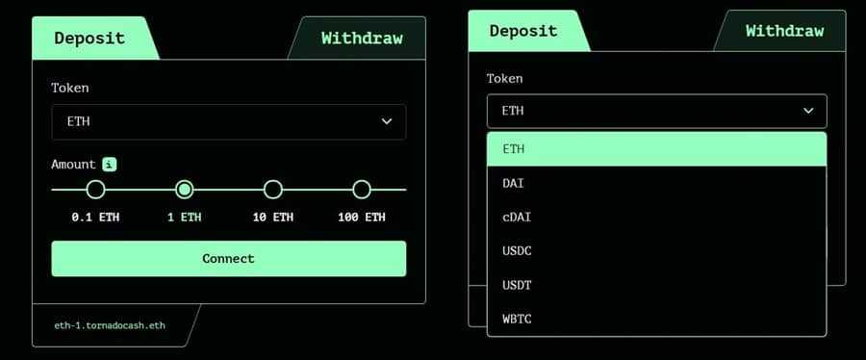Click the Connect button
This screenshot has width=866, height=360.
point(228,258)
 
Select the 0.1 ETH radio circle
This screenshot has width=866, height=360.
point(95,190)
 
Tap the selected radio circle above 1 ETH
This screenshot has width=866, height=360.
point(185,190)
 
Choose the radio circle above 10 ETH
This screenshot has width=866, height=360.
point(273,190)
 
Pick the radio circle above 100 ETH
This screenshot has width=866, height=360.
point(362,190)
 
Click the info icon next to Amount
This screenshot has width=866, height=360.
point(110,165)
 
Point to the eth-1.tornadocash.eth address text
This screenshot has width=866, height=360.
point(110,325)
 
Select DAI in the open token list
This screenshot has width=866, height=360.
point(513,183)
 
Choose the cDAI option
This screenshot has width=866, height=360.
point(517,217)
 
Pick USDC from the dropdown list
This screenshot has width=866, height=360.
point(517,250)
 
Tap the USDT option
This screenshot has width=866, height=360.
point(517,284)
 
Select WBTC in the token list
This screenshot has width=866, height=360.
point(517,318)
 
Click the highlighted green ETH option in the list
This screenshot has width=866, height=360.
point(656,149)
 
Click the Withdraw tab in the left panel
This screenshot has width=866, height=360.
point(361,39)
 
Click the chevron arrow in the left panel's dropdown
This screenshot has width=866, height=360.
point(387,121)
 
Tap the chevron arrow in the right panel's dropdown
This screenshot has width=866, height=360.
point(808,111)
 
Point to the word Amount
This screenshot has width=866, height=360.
point(73,165)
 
